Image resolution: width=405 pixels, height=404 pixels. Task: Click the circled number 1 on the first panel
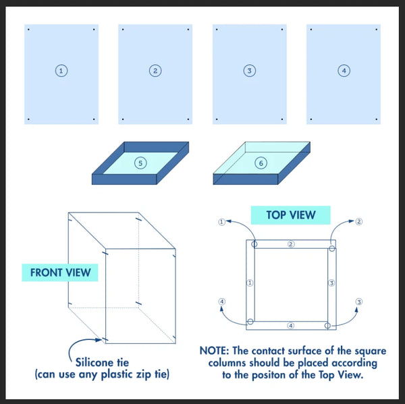61,71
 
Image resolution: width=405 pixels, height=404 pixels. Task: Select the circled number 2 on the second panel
155,71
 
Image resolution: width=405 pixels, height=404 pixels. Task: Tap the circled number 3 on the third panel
250,71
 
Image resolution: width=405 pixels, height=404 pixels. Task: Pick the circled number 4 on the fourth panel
344,71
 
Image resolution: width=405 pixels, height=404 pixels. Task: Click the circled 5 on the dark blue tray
140,163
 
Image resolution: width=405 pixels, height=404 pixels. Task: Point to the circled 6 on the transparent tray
261,163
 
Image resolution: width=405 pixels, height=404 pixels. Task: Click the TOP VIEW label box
290,215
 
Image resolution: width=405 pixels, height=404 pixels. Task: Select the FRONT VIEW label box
60,272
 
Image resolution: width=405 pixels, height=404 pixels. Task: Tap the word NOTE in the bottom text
214,351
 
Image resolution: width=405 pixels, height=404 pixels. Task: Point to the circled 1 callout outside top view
221,222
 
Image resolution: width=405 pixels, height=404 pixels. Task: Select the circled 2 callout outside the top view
359,221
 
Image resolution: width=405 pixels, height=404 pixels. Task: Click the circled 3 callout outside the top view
359,301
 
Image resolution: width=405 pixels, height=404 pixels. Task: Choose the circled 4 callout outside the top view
221,301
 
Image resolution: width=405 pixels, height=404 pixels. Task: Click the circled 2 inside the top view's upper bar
291,244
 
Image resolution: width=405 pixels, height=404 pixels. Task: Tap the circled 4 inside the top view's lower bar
290,326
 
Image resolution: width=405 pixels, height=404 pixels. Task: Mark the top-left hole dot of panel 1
28,30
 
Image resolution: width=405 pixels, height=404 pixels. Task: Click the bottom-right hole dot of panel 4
377,119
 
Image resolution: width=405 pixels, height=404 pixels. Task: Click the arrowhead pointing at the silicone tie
99,340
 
